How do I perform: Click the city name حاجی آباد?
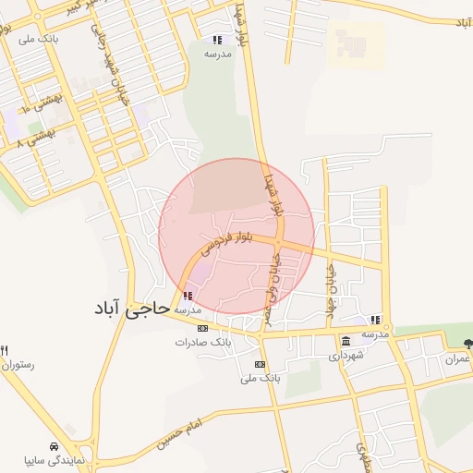click(130, 309)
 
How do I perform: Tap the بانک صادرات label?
click(200, 343)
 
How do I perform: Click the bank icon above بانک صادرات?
click(202, 328)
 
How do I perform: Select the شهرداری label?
click(347, 355)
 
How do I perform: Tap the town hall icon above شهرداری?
click(346, 341)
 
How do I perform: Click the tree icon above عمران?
click(467, 343)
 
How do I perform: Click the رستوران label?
click(18, 365)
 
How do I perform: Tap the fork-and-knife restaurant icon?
click(4, 350)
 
